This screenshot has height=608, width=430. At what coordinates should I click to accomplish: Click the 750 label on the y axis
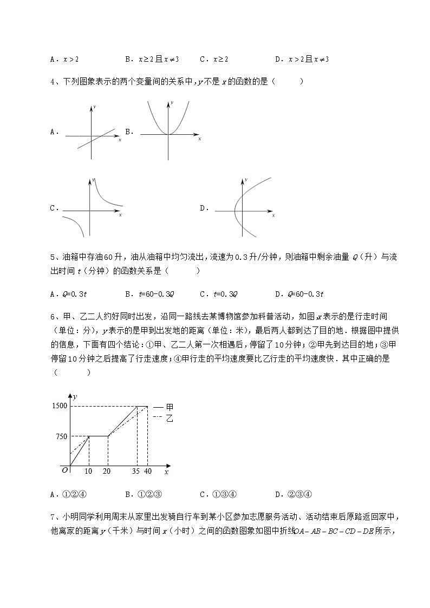pyautogui.click(x=61, y=436)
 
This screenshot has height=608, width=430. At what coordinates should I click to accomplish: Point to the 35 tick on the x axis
pyautogui.click(x=136, y=472)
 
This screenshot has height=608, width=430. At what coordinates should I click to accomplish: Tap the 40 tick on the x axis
pyautogui.click(x=148, y=472)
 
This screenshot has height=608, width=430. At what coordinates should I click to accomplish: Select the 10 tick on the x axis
pyautogui.click(x=88, y=472)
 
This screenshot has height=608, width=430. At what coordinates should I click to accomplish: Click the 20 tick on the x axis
pyautogui.click(x=107, y=472)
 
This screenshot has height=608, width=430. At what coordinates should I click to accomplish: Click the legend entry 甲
pyautogui.click(x=169, y=406)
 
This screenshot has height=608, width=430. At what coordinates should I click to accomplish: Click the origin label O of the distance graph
pyautogui.click(x=65, y=470)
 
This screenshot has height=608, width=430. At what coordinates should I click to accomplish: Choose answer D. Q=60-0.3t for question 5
pyautogui.click(x=299, y=294)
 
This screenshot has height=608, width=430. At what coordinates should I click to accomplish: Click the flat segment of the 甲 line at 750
pyautogui.click(x=98, y=436)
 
